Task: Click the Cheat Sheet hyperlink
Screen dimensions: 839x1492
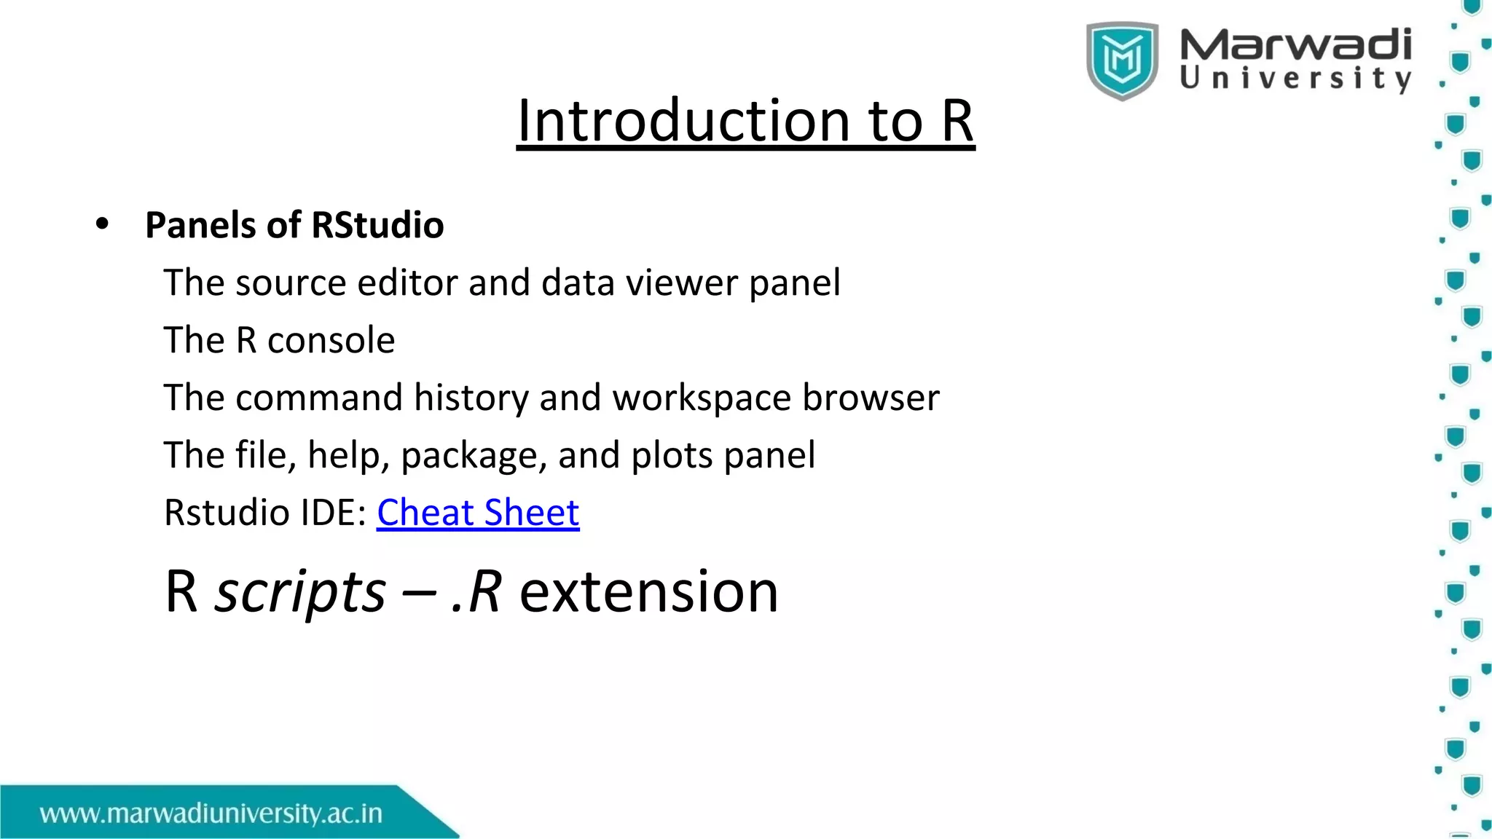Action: tap(478, 513)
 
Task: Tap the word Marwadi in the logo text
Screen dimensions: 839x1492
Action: tap(1295, 45)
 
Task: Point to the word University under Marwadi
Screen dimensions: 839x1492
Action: tap(1295, 79)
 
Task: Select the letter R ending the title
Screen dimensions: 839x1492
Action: tap(957, 121)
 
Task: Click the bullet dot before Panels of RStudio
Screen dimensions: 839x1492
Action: tap(102, 224)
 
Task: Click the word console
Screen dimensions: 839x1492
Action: tap(331, 341)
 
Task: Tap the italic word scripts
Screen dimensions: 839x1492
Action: tap(299, 591)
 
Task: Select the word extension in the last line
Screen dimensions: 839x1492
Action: tap(648, 591)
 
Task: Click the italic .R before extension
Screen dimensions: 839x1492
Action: tap(476, 591)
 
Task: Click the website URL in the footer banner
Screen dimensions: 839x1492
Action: tap(211, 814)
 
